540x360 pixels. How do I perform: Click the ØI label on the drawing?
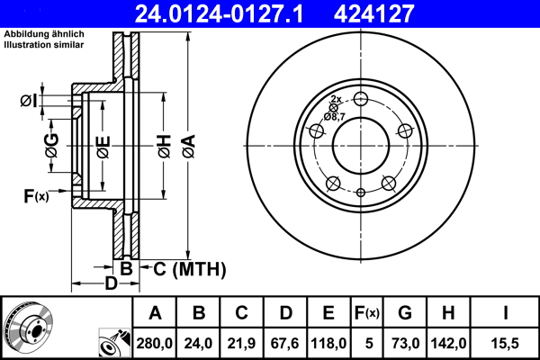point(29,101)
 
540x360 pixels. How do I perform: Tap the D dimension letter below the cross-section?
point(110,285)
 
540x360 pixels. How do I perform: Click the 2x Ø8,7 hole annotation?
point(335,109)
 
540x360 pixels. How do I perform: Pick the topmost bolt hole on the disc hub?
point(361,99)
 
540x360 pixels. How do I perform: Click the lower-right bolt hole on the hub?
point(389,184)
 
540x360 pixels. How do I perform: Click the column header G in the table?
point(405,313)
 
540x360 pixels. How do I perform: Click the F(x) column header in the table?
point(366,313)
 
